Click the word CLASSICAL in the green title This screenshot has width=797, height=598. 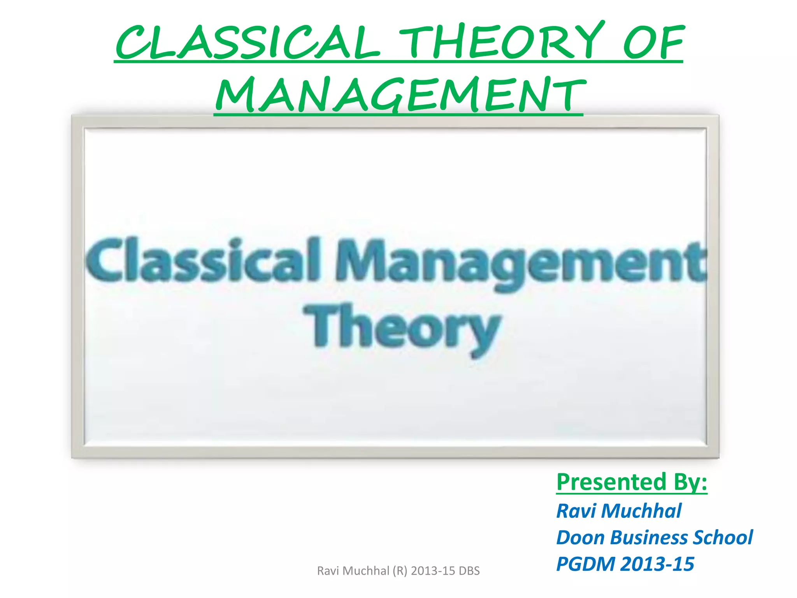pos(247,42)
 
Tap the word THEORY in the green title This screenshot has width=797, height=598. pos(502,41)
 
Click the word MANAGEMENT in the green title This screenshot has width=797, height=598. pos(399,94)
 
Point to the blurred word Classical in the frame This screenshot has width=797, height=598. pos(202,260)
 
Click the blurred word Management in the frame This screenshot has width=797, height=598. pos(520,263)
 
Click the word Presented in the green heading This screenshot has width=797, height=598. pos(611,482)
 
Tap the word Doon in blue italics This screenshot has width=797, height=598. pos(580,538)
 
